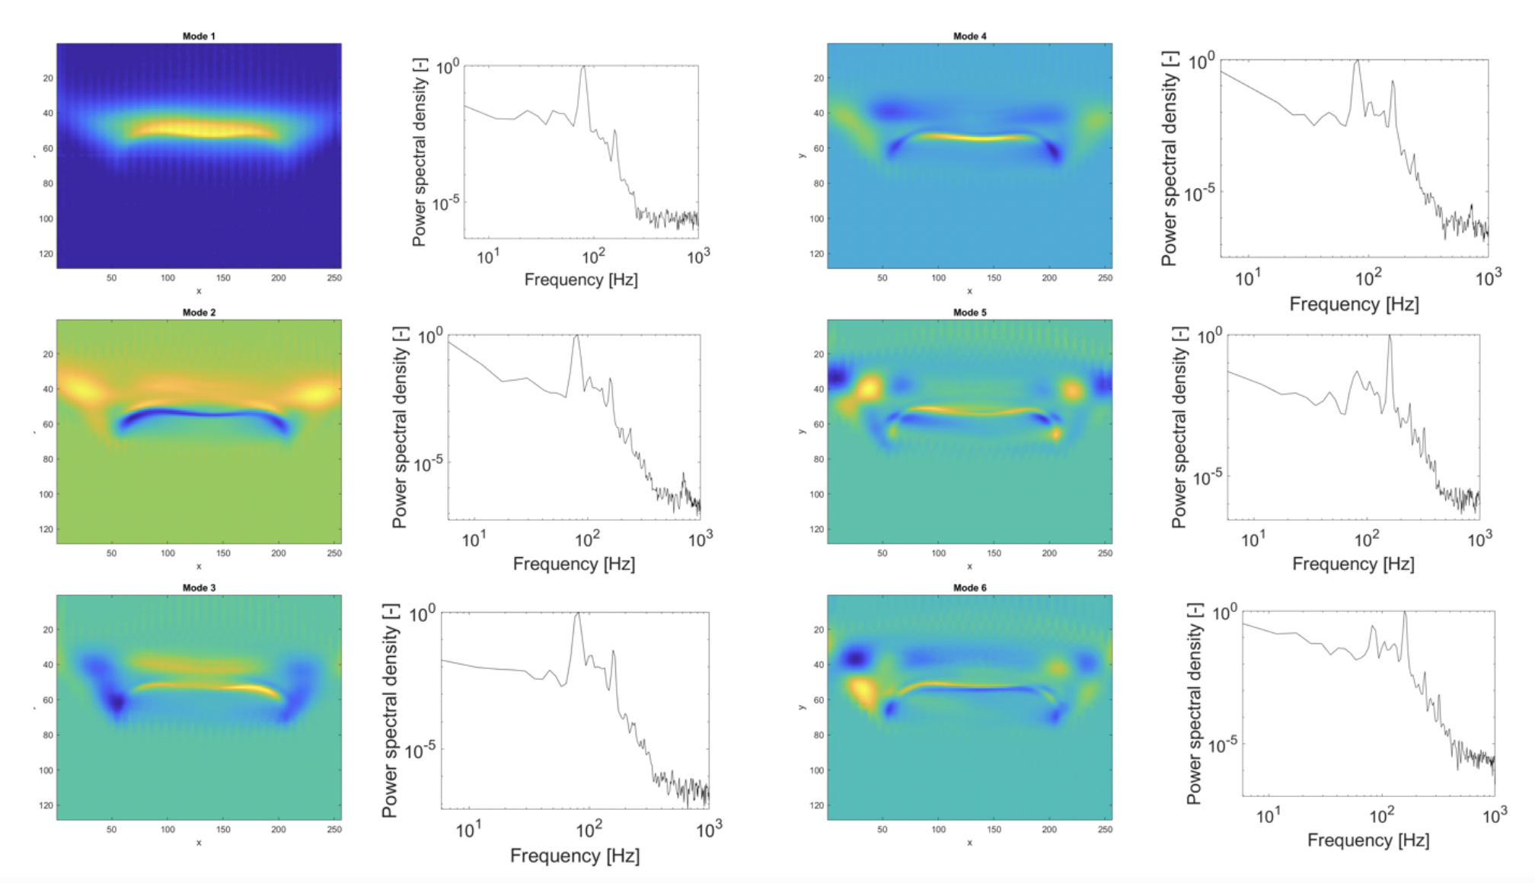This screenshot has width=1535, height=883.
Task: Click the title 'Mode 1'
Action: (x=199, y=36)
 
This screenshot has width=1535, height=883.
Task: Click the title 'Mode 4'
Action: (x=969, y=36)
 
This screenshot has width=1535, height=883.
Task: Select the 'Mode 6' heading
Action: (x=969, y=588)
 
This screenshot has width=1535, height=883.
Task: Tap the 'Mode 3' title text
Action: (x=199, y=588)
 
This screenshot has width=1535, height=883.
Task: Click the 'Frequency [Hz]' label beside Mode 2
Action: (x=573, y=564)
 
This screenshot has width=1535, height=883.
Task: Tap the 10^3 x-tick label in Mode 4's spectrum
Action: (x=1488, y=279)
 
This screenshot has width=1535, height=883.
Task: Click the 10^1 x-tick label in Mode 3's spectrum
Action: (x=468, y=830)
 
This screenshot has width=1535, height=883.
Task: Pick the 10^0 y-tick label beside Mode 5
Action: (x=1210, y=336)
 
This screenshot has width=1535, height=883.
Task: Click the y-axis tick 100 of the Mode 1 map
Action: (x=47, y=218)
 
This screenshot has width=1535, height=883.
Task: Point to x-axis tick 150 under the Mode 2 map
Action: (x=223, y=553)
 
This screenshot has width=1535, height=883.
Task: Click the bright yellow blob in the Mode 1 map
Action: (x=202, y=129)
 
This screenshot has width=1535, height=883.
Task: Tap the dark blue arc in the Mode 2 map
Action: (x=202, y=415)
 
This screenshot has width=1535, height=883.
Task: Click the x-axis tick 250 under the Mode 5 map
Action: (x=1105, y=553)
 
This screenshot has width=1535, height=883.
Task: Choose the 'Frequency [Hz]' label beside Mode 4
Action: (x=1353, y=304)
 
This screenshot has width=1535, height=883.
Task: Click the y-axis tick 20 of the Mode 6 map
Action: (x=819, y=630)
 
